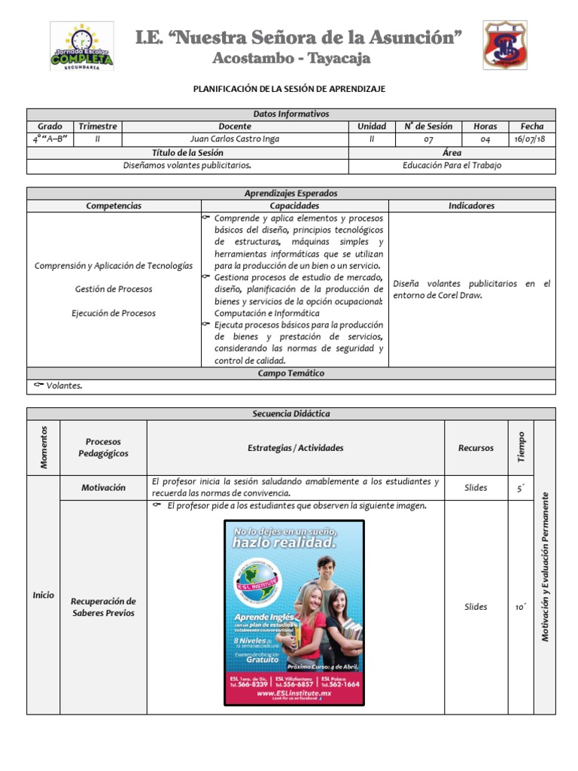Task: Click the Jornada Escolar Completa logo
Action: pos(81,47)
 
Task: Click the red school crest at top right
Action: pos(504,45)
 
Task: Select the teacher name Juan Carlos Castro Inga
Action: pos(234,139)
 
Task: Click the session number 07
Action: pos(427,139)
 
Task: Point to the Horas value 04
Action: pos(485,139)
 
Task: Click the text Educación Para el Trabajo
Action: pos(452,165)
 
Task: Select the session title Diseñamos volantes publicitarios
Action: pos(187,165)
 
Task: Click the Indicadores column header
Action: pos(471,206)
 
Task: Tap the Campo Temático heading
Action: pos(291,373)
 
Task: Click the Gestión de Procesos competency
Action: pos(114,289)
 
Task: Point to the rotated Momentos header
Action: pos(44,447)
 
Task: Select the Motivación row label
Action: pos(103,487)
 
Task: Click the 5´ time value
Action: pos(520,488)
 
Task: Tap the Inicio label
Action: pos(43,595)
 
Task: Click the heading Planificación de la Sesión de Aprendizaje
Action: pos(290,89)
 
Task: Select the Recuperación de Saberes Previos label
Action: pos(103,607)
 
